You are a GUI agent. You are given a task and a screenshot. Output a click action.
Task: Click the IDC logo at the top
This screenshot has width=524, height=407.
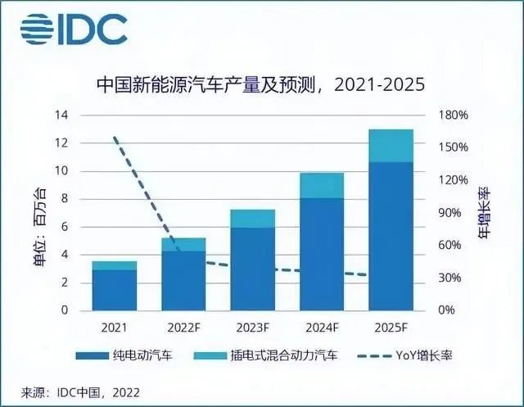tap(74, 29)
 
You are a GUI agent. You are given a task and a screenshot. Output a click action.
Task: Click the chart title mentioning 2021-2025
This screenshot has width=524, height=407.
tap(261, 85)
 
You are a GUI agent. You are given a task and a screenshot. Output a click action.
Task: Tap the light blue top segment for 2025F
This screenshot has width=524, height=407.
tap(391, 145)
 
